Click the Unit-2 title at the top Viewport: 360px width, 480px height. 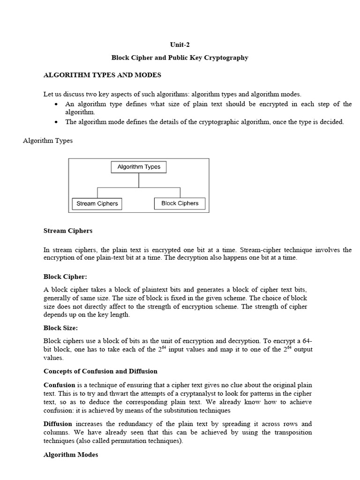click(x=180, y=45)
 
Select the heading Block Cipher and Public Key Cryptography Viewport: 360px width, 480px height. click(x=180, y=58)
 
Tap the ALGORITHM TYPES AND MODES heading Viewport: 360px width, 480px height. click(x=102, y=75)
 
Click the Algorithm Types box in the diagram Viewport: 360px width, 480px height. click(x=139, y=167)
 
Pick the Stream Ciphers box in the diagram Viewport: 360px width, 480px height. click(x=97, y=203)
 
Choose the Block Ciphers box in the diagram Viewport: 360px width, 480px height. click(x=180, y=203)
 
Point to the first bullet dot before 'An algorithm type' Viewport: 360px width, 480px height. click(x=56, y=104)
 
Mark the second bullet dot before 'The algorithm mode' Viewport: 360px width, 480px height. click(x=56, y=122)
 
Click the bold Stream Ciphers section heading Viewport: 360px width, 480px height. click(x=68, y=231)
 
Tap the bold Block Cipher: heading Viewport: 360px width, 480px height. click(x=66, y=277)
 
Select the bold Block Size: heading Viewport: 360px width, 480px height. click(x=61, y=328)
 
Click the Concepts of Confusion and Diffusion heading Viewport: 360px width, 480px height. click(x=100, y=371)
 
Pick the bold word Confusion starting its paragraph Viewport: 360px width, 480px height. click(x=60, y=385)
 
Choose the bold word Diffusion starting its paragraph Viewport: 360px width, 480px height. click(x=59, y=424)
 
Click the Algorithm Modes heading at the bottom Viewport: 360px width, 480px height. click(x=71, y=455)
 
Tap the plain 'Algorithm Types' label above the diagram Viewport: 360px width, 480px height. click(x=48, y=141)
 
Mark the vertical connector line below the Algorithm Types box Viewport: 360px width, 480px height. click(x=139, y=180)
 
